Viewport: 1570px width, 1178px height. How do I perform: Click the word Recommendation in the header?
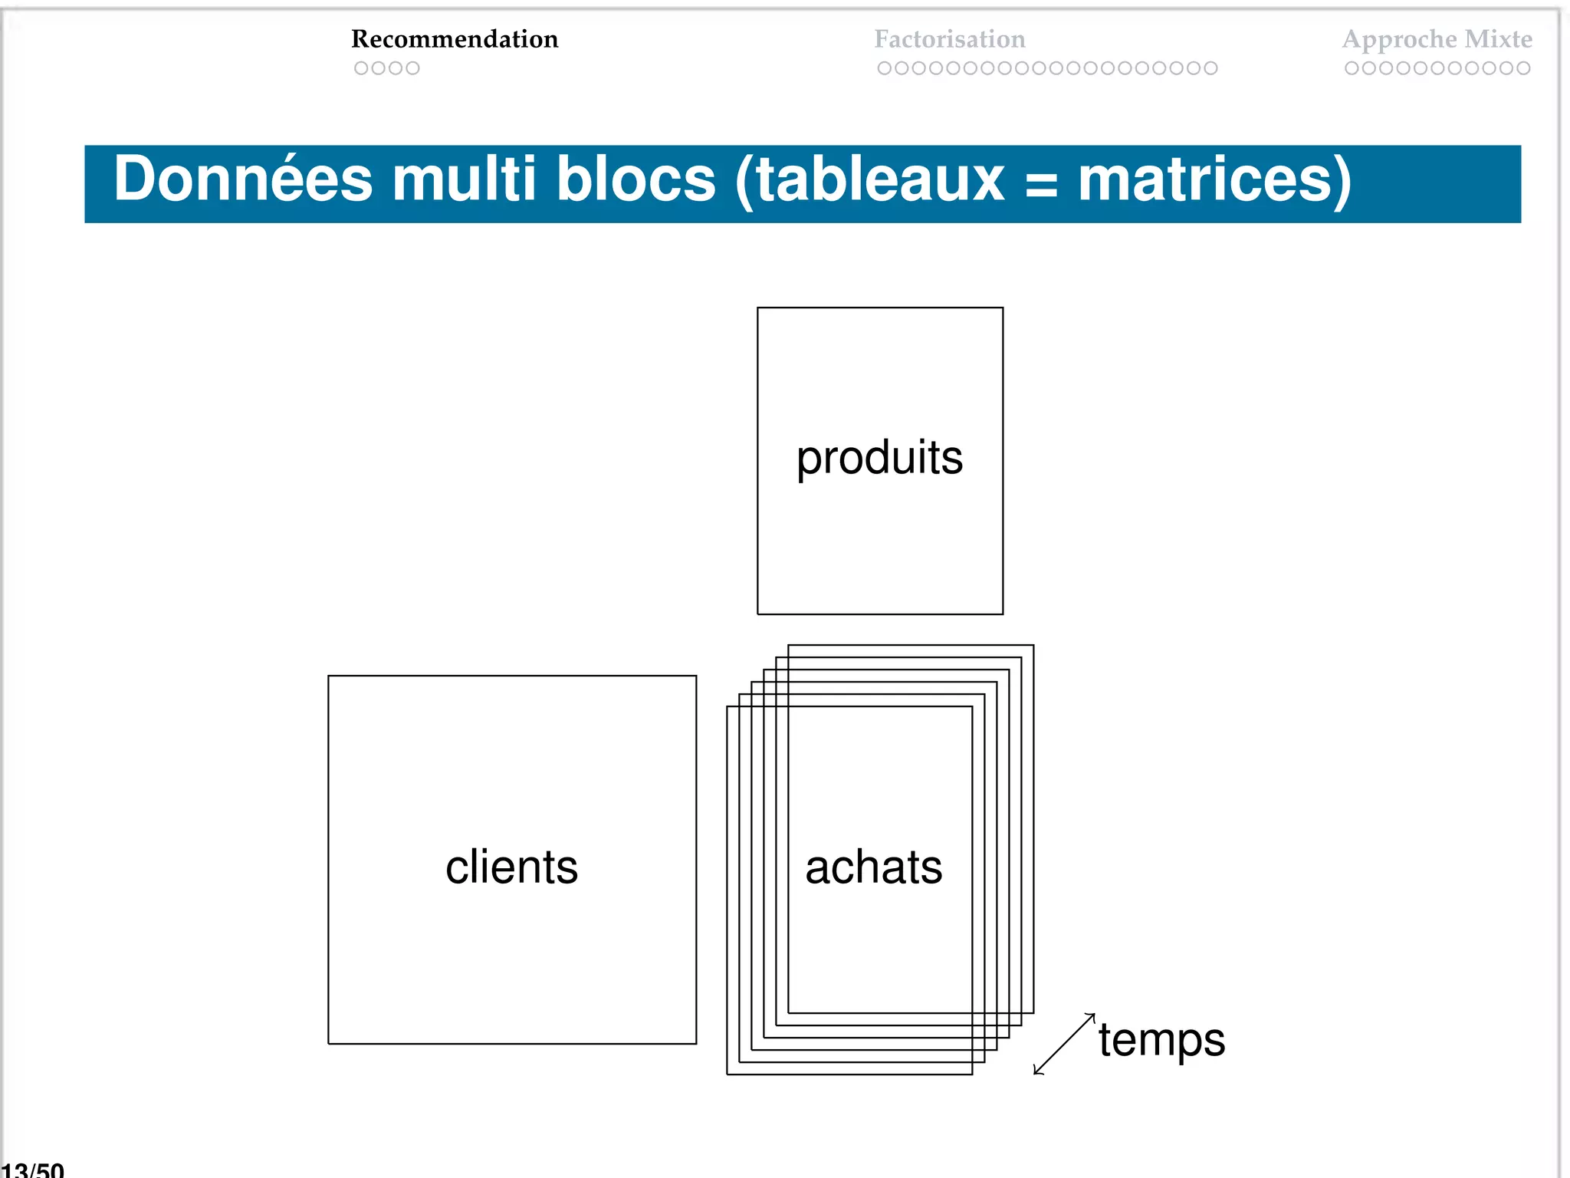(455, 39)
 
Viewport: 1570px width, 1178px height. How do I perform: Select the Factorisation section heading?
(949, 39)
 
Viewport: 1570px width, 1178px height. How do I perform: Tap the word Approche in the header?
(1400, 40)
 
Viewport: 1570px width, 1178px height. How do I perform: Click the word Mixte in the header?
(1499, 39)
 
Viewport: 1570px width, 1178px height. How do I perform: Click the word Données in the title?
(243, 179)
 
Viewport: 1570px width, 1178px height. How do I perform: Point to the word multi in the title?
(464, 179)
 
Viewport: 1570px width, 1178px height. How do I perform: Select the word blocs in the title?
(636, 179)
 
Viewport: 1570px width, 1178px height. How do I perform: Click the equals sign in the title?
(1040, 184)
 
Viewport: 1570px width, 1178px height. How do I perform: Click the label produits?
(879, 459)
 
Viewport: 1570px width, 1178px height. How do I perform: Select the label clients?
(511, 867)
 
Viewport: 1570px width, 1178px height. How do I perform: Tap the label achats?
(873, 867)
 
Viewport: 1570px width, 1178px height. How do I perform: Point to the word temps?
(1161, 1041)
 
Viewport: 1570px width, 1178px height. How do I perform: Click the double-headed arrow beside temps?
(1064, 1044)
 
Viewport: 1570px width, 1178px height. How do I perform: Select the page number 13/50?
(33, 1170)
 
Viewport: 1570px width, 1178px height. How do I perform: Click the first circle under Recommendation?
(361, 68)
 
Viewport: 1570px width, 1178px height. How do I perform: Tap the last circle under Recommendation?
(412, 68)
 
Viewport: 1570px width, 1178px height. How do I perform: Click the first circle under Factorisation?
(884, 68)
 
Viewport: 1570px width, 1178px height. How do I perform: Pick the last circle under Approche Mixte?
(1523, 68)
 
